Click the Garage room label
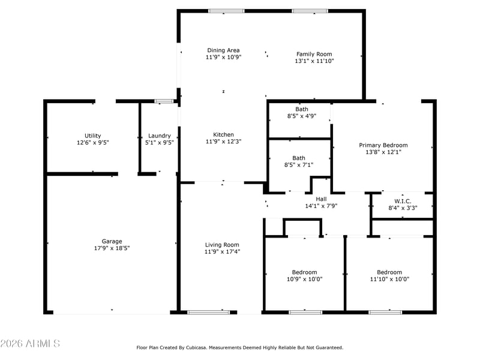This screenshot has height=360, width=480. [x=112, y=241]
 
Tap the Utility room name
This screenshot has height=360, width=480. [x=93, y=136]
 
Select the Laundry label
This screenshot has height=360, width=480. [x=160, y=136]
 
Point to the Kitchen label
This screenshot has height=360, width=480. [x=223, y=134]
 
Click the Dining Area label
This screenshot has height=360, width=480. [x=223, y=50]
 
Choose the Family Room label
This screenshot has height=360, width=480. [x=314, y=54]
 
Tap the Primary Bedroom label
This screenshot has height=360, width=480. [x=383, y=145]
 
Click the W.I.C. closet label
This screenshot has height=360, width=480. [x=403, y=201]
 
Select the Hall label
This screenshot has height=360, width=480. [x=321, y=199]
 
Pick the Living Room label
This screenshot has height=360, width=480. [x=222, y=245]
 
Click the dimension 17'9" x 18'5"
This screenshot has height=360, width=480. [x=112, y=248]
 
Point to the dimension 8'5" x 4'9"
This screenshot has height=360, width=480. [x=302, y=116]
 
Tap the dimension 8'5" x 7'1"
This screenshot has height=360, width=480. [x=299, y=165]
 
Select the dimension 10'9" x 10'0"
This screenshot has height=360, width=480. [x=305, y=279]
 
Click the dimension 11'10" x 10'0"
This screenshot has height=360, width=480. [x=389, y=279]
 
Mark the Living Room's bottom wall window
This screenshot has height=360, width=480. [x=208, y=312]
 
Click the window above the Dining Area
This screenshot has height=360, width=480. [x=227, y=11]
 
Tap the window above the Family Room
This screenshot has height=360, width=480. [x=310, y=11]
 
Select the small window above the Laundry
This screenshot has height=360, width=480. [x=164, y=101]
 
